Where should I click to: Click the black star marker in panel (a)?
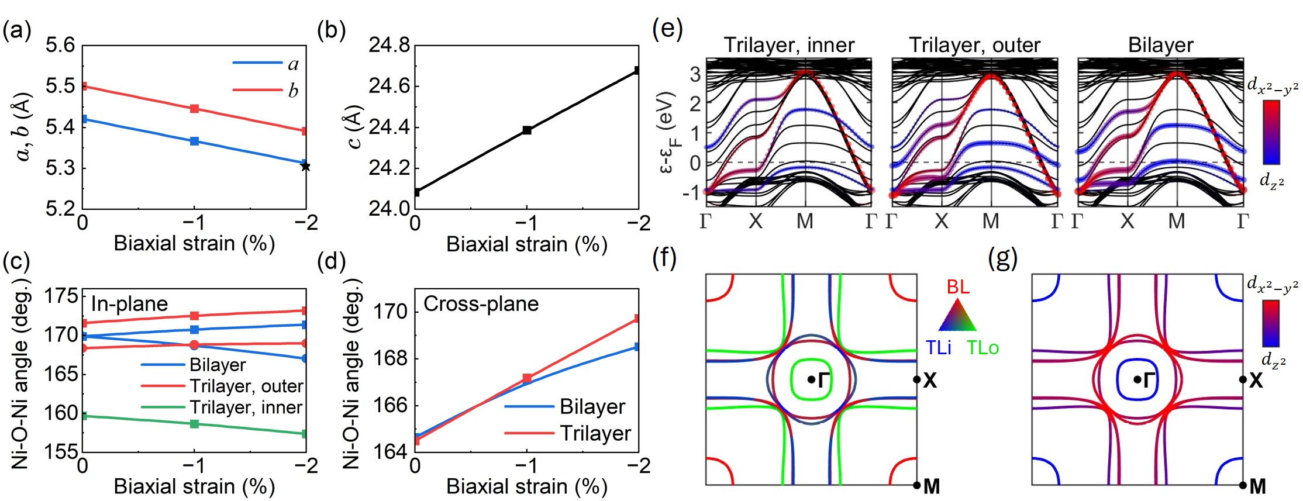click(x=305, y=167)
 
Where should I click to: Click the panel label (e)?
click(x=668, y=27)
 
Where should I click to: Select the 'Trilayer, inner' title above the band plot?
click(x=788, y=45)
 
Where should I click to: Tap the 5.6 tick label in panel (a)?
click(x=60, y=45)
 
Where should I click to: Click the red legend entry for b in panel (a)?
click(x=266, y=90)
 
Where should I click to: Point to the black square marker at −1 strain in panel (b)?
click(x=527, y=130)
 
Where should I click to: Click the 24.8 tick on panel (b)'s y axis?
click(x=389, y=45)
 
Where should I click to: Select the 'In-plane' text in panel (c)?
click(x=129, y=304)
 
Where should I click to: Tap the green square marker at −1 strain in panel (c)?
click(x=195, y=423)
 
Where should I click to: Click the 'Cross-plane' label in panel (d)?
click(x=481, y=304)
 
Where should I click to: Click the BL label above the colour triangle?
click(x=958, y=286)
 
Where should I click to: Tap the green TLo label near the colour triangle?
click(x=983, y=348)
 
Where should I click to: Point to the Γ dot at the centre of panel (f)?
click(x=811, y=379)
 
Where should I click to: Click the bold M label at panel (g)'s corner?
click(x=1257, y=486)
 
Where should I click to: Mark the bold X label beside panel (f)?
click(x=930, y=381)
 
